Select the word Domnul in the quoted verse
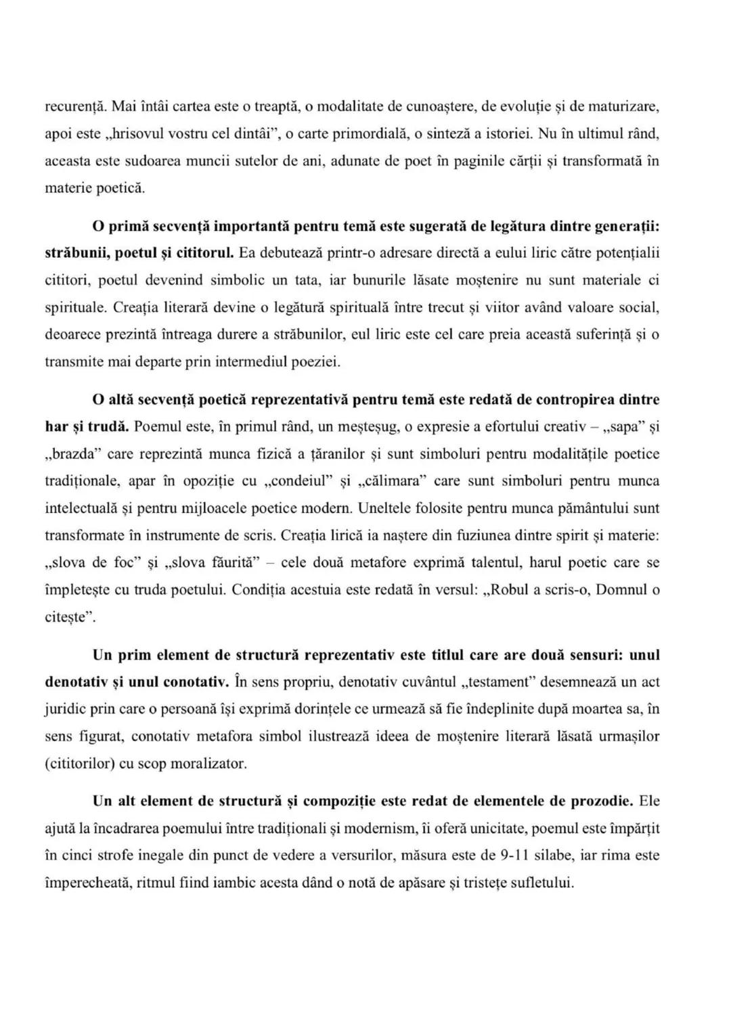[x=622, y=589]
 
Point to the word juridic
[x=65, y=709]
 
